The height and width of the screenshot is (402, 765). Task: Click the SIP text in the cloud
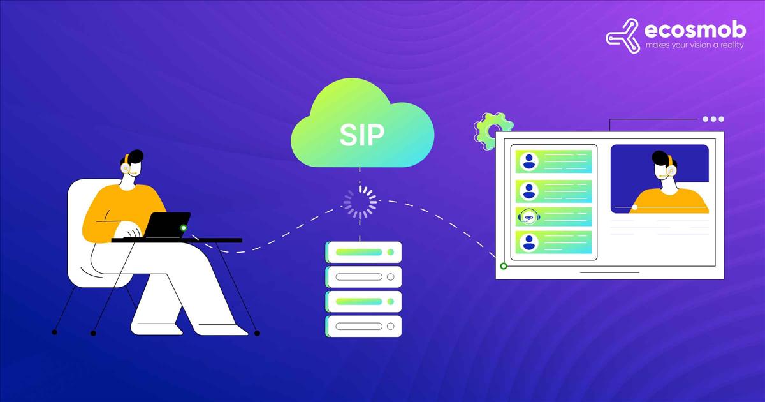point(361,135)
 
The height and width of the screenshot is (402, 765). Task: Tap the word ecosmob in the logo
point(695,30)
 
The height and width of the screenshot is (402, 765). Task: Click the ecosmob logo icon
point(622,36)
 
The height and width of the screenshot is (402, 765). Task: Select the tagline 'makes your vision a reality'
point(694,45)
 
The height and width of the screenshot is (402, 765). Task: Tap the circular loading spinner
point(360,202)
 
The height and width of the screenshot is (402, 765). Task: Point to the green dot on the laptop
point(184,228)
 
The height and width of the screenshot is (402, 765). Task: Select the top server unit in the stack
point(364,252)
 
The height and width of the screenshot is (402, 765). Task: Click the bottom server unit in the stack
point(364,326)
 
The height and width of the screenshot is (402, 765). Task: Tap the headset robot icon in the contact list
point(528,216)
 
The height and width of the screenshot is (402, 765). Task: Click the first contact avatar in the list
point(529,161)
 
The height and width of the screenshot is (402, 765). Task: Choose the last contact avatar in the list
point(529,242)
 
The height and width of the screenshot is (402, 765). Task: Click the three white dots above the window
point(713,119)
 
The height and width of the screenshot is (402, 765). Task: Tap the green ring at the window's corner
point(504,266)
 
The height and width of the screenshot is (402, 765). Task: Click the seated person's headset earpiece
point(126,168)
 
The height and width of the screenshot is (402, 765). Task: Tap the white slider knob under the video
point(634,207)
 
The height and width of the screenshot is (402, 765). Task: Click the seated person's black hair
point(133,157)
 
